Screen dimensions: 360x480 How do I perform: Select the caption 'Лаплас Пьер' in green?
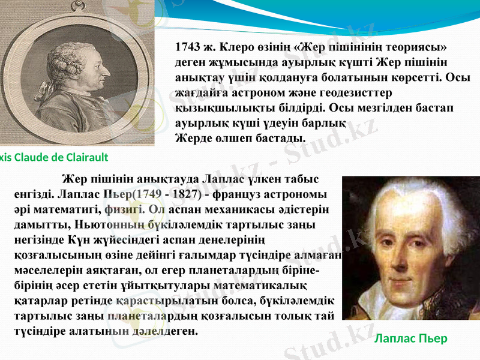pyautogui.click(x=411, y=338)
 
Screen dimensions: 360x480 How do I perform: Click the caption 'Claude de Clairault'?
pyautogui.click(x=60, y=158)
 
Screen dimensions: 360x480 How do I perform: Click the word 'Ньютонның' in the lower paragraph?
pyautogui.click(x=109, y=224)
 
